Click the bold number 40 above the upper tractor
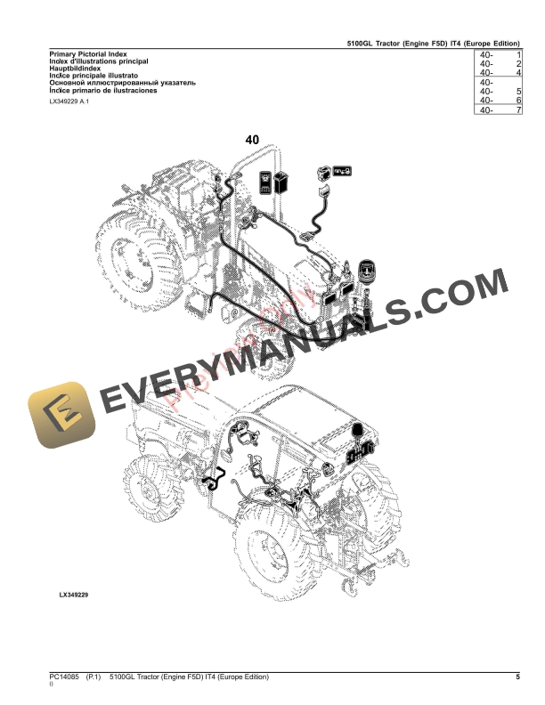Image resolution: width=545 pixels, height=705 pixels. pos(252,140)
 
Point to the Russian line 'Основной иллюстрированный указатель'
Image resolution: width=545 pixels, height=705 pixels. pos(121,83)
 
